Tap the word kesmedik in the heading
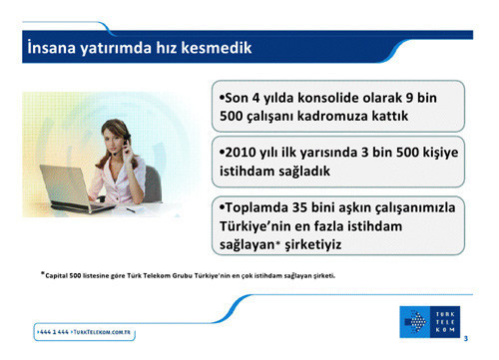click(x=214, y=47)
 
